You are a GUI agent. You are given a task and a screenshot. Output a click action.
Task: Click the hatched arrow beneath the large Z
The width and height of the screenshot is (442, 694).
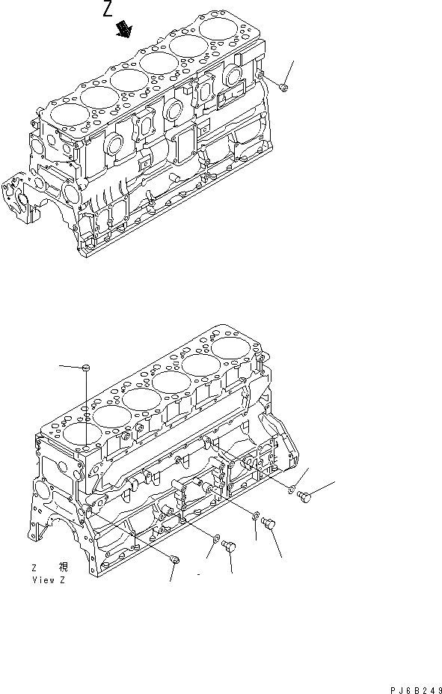(123, 29)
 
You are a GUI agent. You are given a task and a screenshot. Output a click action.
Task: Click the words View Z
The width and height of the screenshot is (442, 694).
(49, 580)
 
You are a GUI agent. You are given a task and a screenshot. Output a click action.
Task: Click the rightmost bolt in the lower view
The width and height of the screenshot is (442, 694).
(304, 496)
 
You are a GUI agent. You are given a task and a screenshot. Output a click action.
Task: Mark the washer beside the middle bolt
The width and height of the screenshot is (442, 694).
(257, 515)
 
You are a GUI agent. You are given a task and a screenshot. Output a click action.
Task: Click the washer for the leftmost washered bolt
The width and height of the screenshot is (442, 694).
(216, 538)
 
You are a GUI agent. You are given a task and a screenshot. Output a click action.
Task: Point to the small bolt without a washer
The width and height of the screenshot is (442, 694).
(175, 559)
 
